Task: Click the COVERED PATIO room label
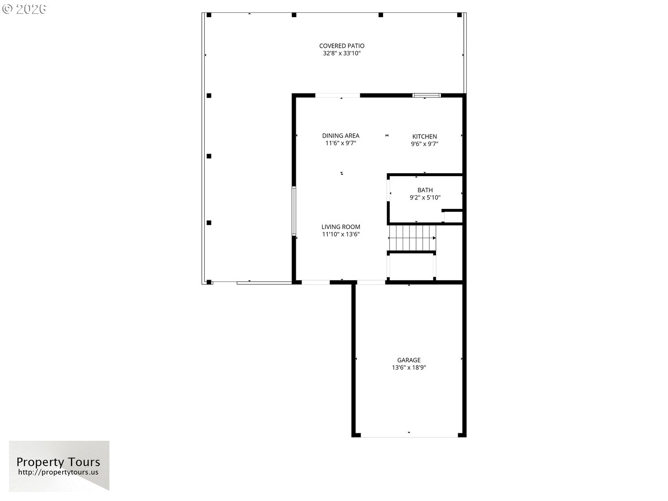click(342, 46)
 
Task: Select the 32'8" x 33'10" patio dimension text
click(342, 53)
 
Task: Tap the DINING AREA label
click(341, 136)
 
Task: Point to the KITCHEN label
click(425, 136)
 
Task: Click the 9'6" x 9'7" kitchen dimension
click(425, 144)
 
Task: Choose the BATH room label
click(425, 190)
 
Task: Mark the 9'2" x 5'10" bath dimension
click(425, 198)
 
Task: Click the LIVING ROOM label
click(341, 227)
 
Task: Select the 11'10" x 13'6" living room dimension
click(341, 234)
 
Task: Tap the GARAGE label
click(409, 360)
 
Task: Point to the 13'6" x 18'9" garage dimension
click(409, 367)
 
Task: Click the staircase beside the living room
click(412, 238)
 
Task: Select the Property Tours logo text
click(58, 462)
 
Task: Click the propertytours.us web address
click(58, 472)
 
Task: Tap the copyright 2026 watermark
click(24, 9)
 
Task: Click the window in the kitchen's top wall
click(427, 95)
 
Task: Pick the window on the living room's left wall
click(293, 211)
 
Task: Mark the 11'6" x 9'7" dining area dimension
click(341, 143)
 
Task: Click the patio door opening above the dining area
click(337, 95)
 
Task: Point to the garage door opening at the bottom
click(409, 435)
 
